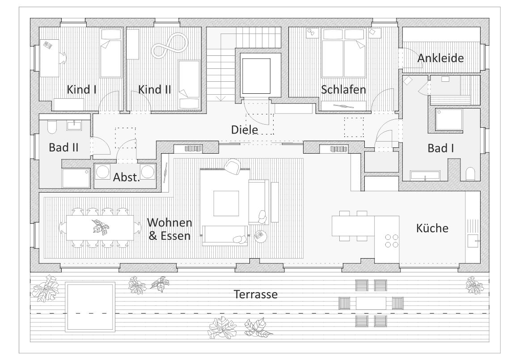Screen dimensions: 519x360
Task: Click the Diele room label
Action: click(x=244, y=129)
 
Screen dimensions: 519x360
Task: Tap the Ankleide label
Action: click(x=440, y=58)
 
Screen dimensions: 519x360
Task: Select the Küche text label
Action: click(x=432, y=228)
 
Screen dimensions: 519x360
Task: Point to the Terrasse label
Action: click(x=256, y=294)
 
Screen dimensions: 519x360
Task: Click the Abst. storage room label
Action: click(x=127, y=177)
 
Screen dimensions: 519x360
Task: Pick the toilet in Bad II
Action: click(x=52, y=127)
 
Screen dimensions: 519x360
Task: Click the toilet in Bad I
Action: click(x=470, y=174)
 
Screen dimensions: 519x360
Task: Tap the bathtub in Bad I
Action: click(x=425, y=175)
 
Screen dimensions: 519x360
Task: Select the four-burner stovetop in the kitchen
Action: click(x=392, y=241)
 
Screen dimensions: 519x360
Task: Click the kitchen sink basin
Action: click(x=473, y=241)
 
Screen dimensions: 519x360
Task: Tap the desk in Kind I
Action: click(x=49, y=58)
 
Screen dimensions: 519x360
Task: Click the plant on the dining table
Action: click(x=100, y=227)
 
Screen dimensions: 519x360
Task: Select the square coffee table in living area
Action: click(x=226, y=203)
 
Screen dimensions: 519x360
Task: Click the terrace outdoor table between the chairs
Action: click(x=371, y=303)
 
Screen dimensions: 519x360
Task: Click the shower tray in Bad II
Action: click(x=76, y=178)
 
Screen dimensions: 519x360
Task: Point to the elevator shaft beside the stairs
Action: click(x=256, y=76)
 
